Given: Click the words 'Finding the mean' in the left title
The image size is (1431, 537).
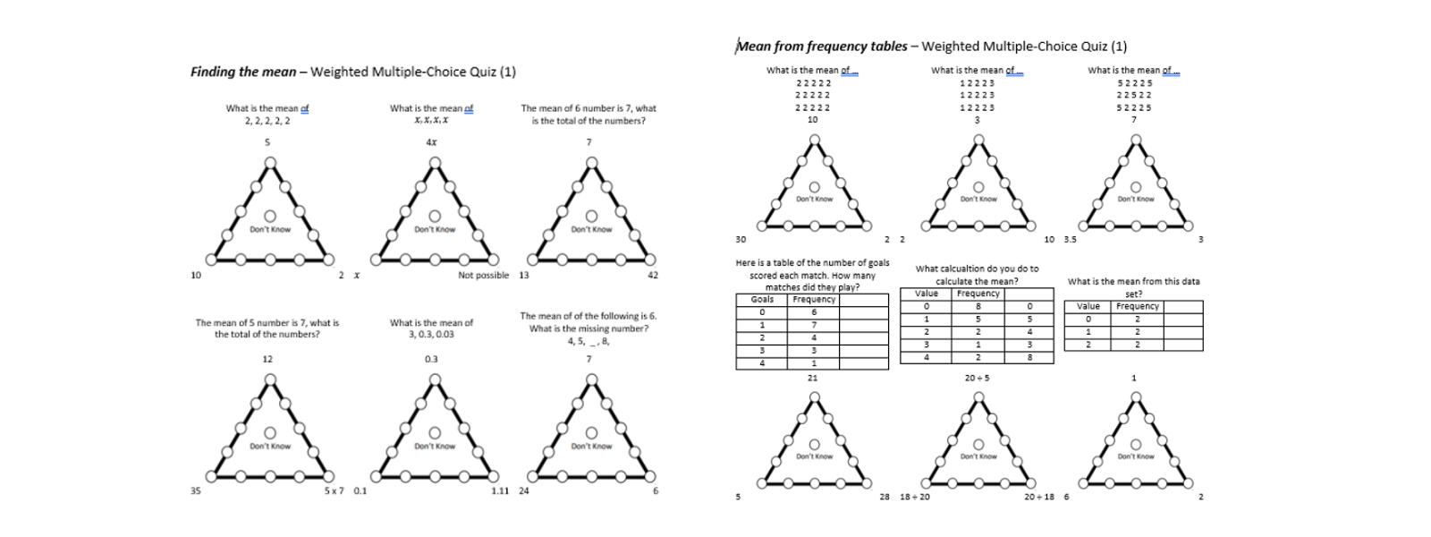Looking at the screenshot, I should point(242,72).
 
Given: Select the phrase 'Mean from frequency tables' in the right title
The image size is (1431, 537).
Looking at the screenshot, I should point(821,47).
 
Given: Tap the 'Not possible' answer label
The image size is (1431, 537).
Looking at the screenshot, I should point(483,276).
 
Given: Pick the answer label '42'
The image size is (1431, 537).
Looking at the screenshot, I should point(653,276).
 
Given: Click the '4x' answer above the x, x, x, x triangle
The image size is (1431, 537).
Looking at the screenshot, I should point(431,142).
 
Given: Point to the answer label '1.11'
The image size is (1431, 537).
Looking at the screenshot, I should point(500,490).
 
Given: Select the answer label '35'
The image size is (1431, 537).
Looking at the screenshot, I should point(196,490).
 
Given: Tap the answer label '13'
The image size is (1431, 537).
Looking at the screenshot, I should point(524,276).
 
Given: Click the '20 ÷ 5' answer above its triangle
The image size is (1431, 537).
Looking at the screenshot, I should point(977,378).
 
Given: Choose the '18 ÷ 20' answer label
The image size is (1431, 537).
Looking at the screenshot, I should point(914,497).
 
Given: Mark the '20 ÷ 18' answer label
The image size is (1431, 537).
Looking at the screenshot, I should point(1039,497).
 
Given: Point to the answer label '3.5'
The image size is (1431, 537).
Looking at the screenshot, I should point(1070,240).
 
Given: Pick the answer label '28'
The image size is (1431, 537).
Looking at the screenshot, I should point(885,497).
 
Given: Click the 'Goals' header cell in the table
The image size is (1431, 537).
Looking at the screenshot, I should point(762,300).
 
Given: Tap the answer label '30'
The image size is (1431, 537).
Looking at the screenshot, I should point(741,240).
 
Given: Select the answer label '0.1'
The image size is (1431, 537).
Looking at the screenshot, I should point(360,490).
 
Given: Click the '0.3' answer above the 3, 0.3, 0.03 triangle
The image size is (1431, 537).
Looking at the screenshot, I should point(431,359).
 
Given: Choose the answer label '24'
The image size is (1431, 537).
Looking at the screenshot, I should point(524,490).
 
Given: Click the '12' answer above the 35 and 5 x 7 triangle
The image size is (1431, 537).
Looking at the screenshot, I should point(267,359).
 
